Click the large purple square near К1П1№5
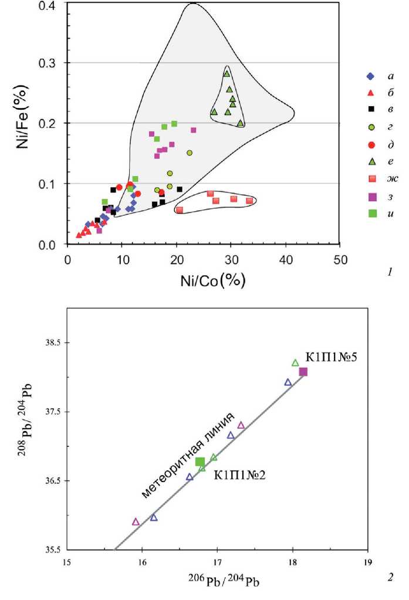point(303,372)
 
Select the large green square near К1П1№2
point(200,462)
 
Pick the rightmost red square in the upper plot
point(249,201)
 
